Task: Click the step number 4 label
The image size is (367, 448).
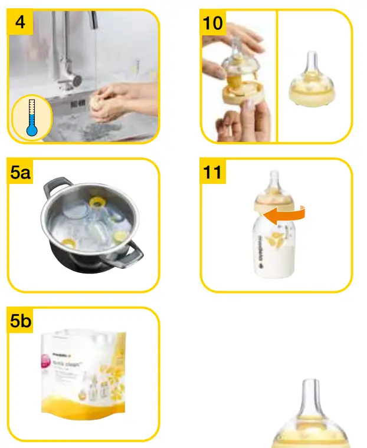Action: (21, 23)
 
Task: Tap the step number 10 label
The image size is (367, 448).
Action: (214, 23)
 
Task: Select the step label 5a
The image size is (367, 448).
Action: (23, 172)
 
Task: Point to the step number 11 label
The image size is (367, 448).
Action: (213, 172)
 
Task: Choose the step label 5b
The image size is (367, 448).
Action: (23, 321)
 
